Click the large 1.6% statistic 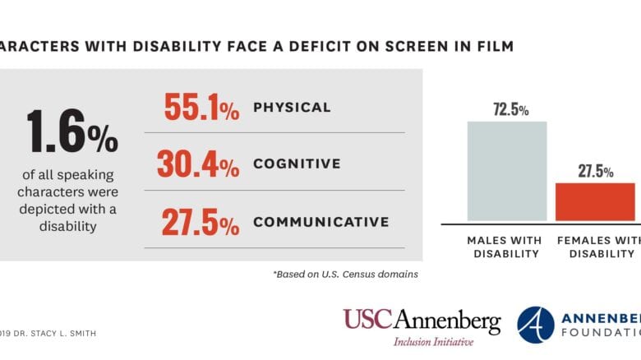(x=71, y=131)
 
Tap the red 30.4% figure (x=198, y=164)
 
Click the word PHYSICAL (x=292, y=108)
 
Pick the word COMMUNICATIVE (x=320, y=222)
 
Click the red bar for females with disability (x=595, y=201)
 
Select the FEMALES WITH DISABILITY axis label (x=598, y=247)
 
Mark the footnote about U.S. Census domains (x=345, y=275)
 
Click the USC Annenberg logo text (x=421, y=321)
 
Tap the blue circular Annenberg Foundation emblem (x=536, y=324)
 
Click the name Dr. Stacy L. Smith (x=62, y=333)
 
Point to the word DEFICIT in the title (x=314, y=46)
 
